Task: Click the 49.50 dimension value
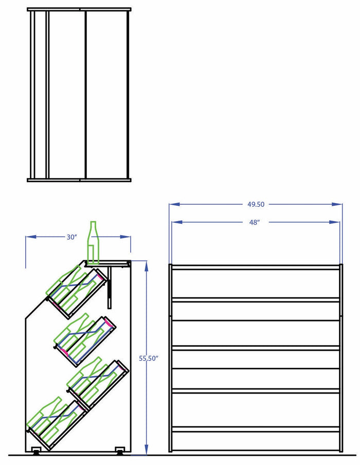point(256,204)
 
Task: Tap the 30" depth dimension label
point(71,237)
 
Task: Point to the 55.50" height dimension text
point(148,358)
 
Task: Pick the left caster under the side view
point(37,451)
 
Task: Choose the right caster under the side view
point(120,451)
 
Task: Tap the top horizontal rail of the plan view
point(79,9)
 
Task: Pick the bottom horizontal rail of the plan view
point(79,180)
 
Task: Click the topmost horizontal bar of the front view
point(256,267)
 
